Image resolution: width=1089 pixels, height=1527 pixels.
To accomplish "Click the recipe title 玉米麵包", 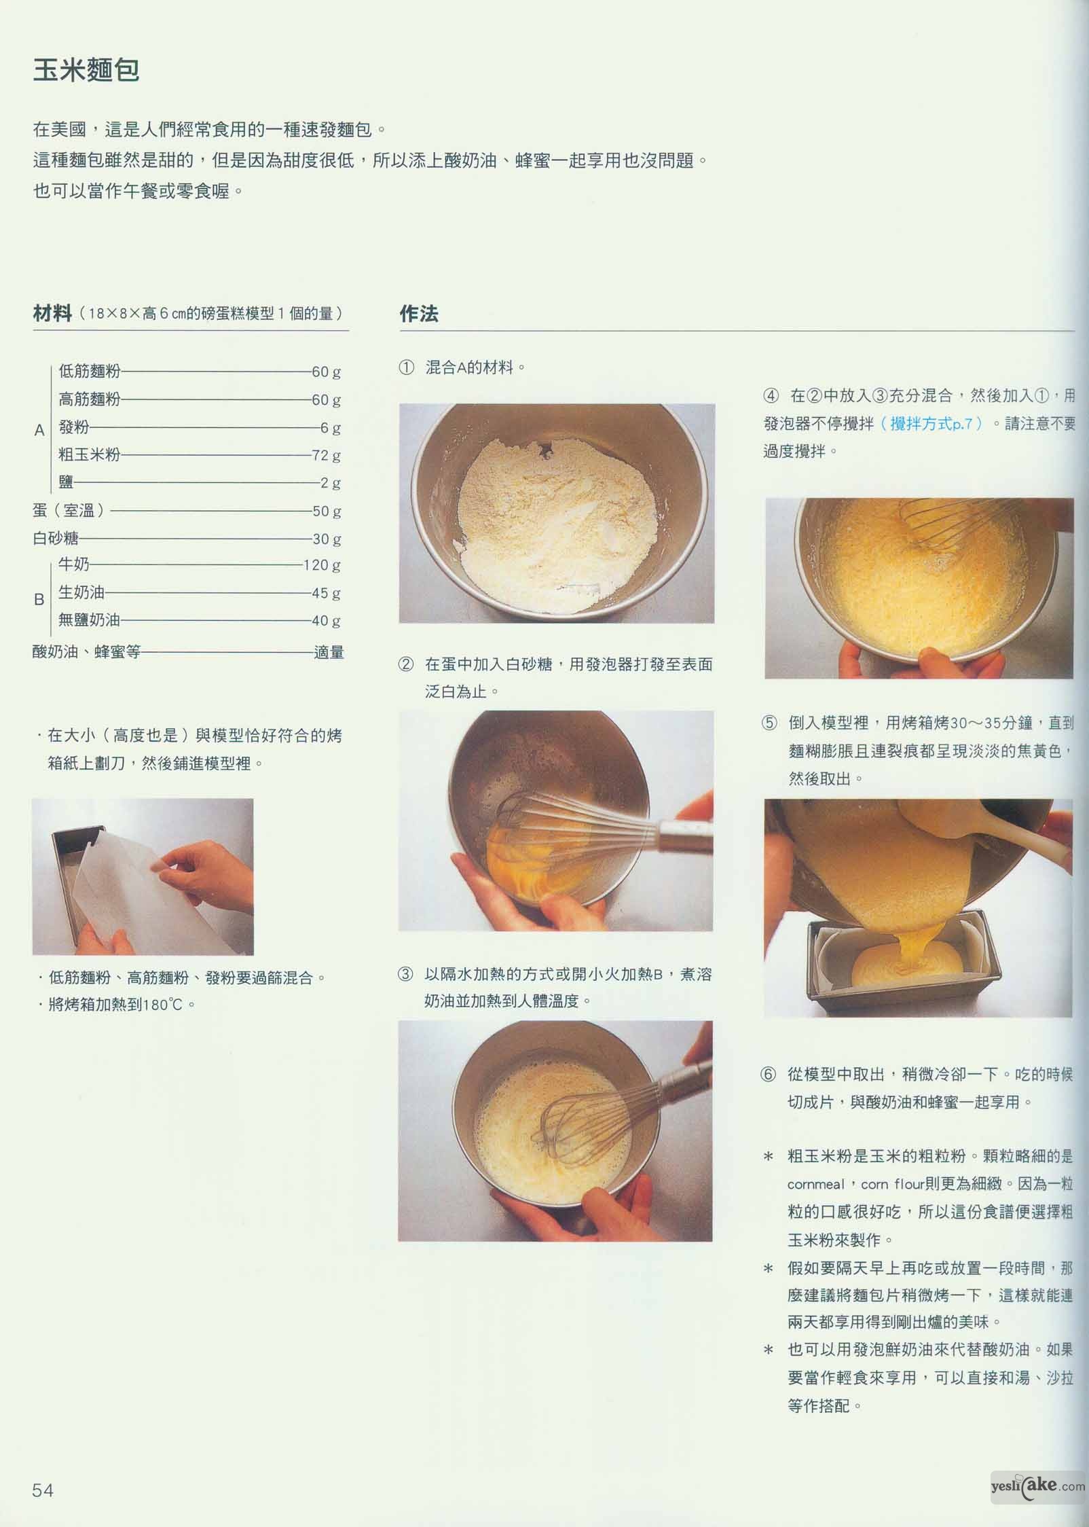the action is [x=86, y=71].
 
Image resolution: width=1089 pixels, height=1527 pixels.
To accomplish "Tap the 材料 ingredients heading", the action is [x=52, y=313].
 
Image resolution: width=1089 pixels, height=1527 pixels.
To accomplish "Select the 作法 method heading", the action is [x=419, y=314].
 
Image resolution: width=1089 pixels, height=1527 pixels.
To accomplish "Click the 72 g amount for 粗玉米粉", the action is [x=326, y=455].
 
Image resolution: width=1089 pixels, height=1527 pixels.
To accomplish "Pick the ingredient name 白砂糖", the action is [x=56, y=539].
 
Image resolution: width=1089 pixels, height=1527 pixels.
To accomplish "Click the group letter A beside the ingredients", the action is [x=39, y=430].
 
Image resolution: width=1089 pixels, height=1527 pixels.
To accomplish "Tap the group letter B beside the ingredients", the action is [x=39, y=600].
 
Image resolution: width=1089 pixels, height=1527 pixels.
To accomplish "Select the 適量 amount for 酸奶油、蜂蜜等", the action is [x=329, y=653].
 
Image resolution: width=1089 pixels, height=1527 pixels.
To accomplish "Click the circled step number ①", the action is [x=406, y=368].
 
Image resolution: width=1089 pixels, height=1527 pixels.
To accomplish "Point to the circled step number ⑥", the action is [x=768, y=1075].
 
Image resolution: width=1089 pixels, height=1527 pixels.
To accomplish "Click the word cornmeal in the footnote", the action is [x=816, y=1185].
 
